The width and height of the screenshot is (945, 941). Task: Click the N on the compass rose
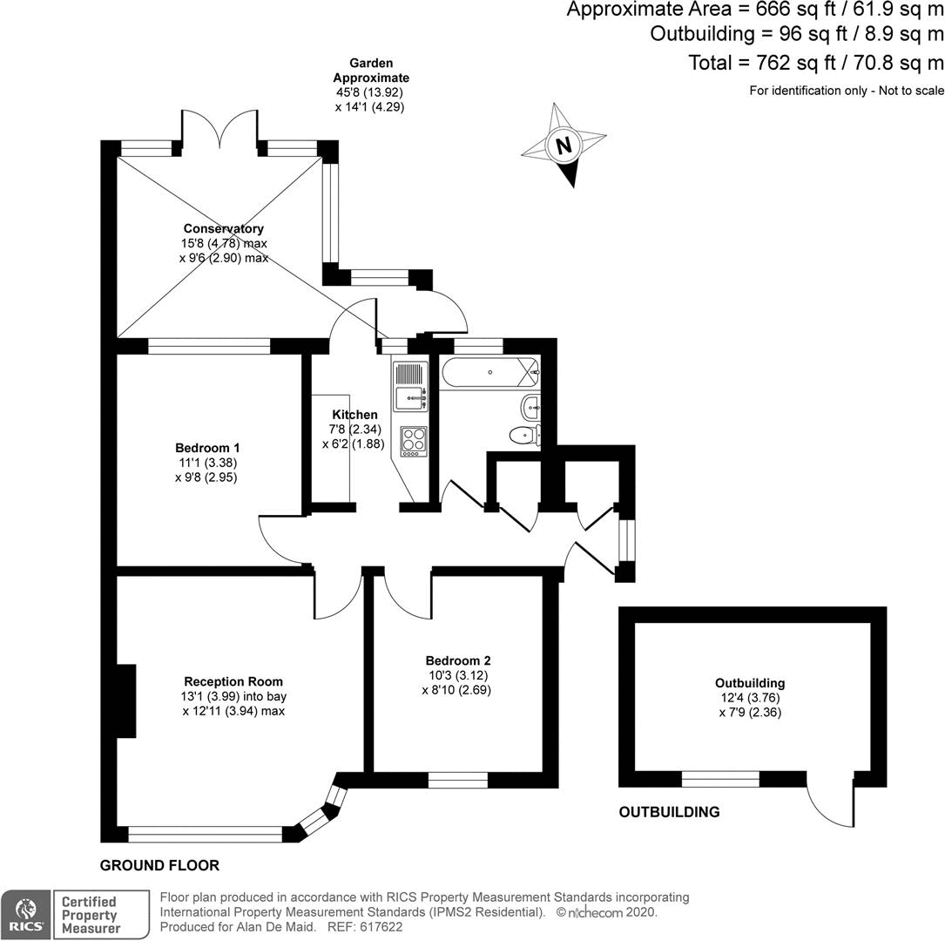pyautogui.click(x=564, y=146)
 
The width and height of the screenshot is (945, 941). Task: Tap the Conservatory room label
pyautogui.click(x=224, y=228)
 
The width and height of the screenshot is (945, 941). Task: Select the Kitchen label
pyautogui.click(x=355, y=415)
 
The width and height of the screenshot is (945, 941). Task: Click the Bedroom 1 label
pyautogui.click(x=207, y=448)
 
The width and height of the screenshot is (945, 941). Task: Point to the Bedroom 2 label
pyautogui.click(x=457, y=660)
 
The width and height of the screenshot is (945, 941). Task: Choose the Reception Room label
pyautogui.click(x=233, y=681)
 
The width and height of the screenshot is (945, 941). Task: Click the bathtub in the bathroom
pyautogui.click(x=490, y=373)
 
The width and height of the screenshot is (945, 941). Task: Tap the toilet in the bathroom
pyautogui.click(x=525, y=435)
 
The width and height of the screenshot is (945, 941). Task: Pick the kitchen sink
pyautogui.click(x=410, y=398)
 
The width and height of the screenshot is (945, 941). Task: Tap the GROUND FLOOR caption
pyautogui.click(x=159, y=866)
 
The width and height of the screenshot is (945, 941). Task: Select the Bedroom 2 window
pyautogui.click(x=458, y=780)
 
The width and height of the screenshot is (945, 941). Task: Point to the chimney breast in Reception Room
pyautogui.click(x=126, y=701)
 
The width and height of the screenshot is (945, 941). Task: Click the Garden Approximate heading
pyautogui.click(x=371, y=71)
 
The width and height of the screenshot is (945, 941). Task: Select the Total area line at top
pyautogui.click(x=816, y=63)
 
